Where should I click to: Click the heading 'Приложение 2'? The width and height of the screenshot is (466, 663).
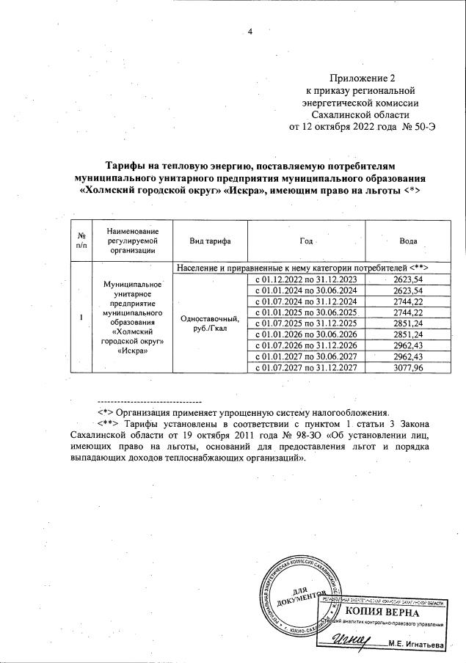tap(362, 78)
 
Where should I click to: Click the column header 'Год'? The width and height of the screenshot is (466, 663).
tap(306, 241)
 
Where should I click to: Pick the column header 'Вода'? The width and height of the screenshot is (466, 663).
tap(408, 241)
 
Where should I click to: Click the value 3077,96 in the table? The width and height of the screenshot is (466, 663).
tap(409, 367)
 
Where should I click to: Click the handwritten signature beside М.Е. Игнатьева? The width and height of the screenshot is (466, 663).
tap(355, 640)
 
